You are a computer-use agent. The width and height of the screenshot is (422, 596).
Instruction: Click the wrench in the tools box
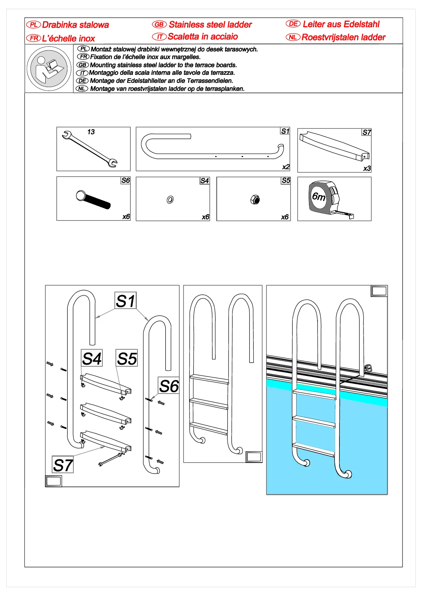[x=89, y=149]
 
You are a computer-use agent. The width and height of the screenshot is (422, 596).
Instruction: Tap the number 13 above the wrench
[x=91, y=132]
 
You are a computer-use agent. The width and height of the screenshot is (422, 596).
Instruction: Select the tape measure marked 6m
[x=328, y=198]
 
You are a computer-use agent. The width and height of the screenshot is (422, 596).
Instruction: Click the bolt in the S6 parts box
[x=93, y=200]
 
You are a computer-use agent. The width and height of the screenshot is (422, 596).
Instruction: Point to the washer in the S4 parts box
[x=170, y=200]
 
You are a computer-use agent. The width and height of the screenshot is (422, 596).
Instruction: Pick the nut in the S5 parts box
[x=255, y=200]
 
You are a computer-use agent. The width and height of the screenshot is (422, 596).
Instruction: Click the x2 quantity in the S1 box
[x=286, y=167]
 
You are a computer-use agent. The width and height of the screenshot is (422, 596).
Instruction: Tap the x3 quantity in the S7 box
[x=367, y=168]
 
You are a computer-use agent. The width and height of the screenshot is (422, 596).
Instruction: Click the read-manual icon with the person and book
[x=49, y=69]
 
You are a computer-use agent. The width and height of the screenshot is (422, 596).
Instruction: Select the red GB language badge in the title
[x=159, y=24]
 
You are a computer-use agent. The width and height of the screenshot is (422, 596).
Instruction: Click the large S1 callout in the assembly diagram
[x=125, y=301]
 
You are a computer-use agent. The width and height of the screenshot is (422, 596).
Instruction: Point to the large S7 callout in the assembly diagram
[x=63, y=465]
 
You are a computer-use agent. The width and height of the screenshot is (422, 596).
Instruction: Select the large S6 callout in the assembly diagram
[x=169, y=386]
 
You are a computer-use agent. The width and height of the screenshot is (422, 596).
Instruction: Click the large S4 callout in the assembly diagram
[x=92, y=359]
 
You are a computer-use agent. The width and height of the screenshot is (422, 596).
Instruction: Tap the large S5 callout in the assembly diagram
[x=127, y=359]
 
